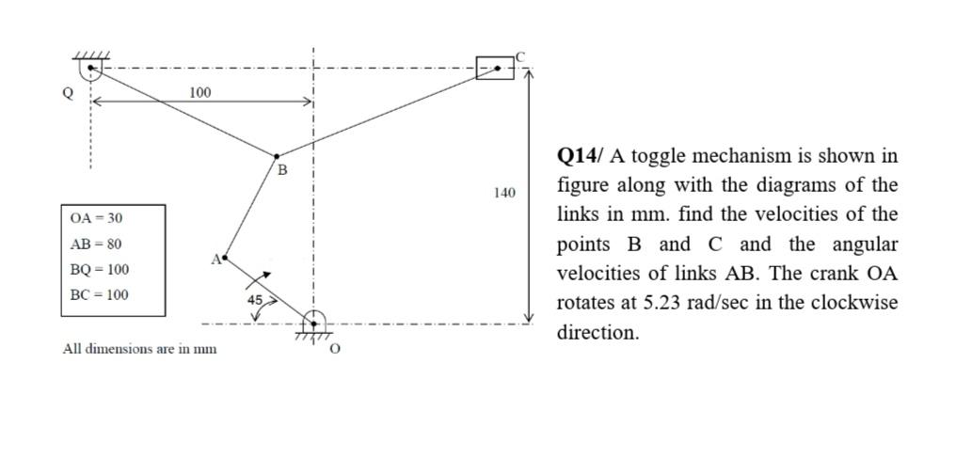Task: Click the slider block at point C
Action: coord(495,68)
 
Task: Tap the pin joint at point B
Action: coord(277,156)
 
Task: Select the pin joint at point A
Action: coord(225,256)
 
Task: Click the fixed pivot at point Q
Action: coord(90,69)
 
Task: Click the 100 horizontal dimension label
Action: coord(200,92)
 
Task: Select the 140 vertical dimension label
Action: coord(504,193)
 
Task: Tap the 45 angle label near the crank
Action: coord(254,298)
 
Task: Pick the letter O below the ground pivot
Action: coord(335,349)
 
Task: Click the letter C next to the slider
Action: coord(520,55)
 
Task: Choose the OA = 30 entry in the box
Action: coord(96,218)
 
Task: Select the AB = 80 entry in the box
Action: coord(96,244)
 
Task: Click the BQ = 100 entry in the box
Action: coord(100,269)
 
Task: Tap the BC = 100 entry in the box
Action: coord(100,294)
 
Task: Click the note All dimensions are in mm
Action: coord(139,349)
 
